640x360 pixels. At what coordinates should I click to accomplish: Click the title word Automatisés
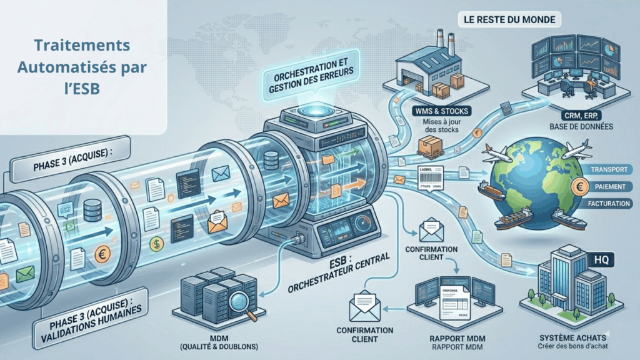pos(82,66)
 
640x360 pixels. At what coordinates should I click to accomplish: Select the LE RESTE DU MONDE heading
pos(509,19)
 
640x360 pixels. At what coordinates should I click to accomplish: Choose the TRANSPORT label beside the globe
pos(609,170)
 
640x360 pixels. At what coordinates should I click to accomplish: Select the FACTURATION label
pos(610,204)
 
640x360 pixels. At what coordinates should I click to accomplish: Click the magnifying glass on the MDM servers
pos(237,302)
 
